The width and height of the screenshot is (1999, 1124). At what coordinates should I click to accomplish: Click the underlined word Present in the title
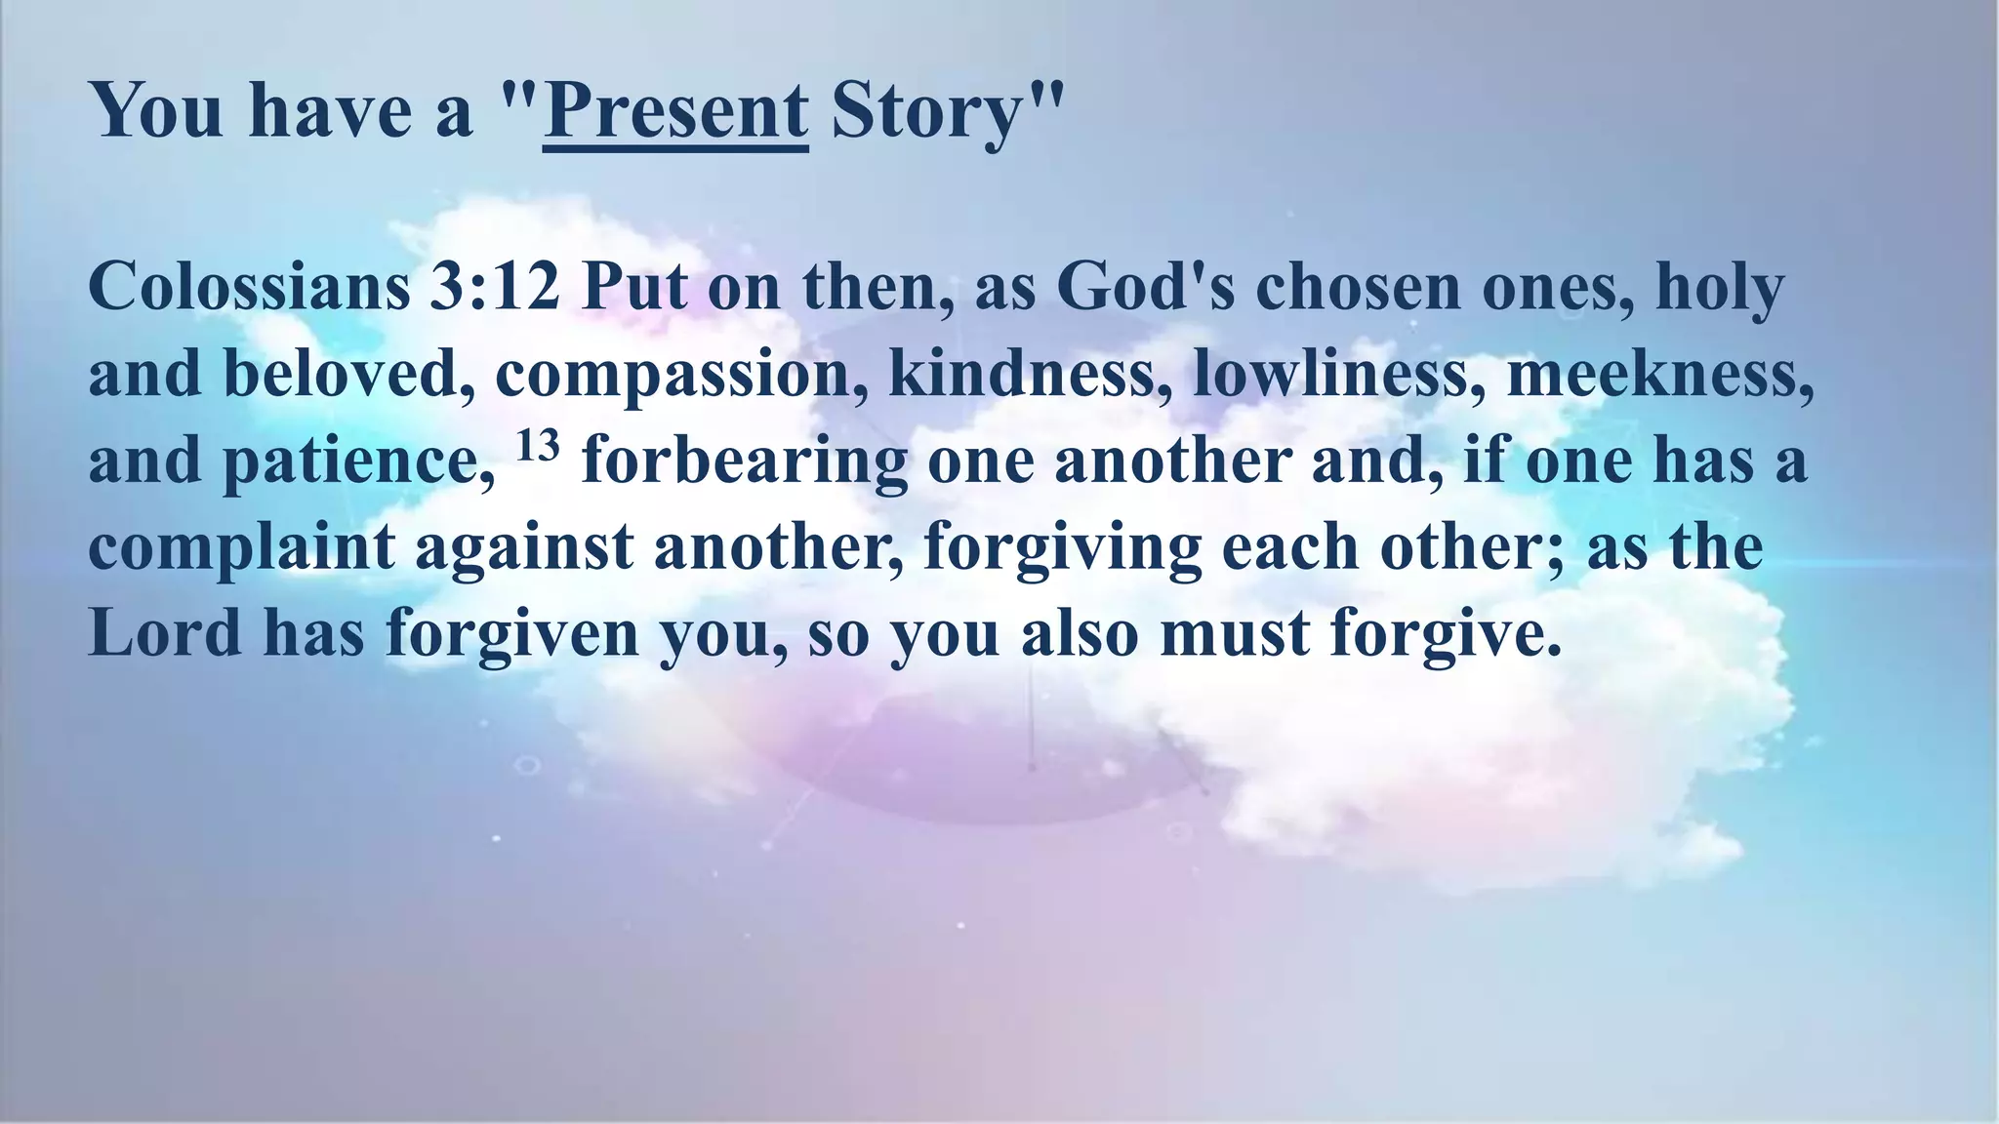(675, 110)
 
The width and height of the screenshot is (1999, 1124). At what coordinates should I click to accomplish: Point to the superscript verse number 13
(537, 446)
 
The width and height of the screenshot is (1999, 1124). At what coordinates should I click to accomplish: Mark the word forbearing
(745, 461)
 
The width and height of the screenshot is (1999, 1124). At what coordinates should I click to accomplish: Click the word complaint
(241, 546)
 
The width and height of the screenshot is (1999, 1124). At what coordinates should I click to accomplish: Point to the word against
(524, 546)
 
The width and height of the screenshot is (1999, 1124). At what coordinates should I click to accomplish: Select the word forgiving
(1063, 546)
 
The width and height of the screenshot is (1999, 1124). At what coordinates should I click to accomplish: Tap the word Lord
(165, 632)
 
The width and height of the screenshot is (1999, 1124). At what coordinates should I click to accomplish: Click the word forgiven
(511, 632)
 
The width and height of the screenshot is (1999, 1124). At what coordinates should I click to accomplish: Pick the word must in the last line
(1235, 632)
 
